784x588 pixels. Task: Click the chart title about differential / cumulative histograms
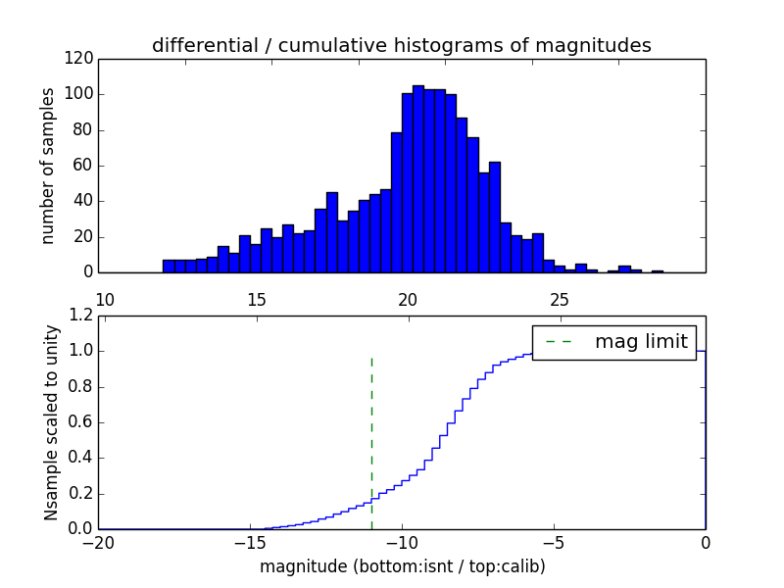tap(401, 45)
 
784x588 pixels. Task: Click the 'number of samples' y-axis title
tap(48, 166)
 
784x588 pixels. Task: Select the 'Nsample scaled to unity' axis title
tap(51, 422)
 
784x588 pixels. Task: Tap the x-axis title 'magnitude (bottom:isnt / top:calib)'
tap(402, 566)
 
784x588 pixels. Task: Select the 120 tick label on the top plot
tap(80, 59)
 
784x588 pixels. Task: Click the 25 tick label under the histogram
tap(560, 299)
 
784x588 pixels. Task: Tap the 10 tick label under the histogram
tap(105, 299)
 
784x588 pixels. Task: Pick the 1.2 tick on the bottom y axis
tap(80, 316)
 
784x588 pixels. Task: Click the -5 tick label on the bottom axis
tap(554, 542)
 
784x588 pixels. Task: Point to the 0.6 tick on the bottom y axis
tap(80, 422)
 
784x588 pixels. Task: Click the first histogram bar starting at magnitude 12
tap(169, 266)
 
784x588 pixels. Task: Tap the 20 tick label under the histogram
tap(408, 299)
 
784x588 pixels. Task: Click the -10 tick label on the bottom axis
tap(402, 542)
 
